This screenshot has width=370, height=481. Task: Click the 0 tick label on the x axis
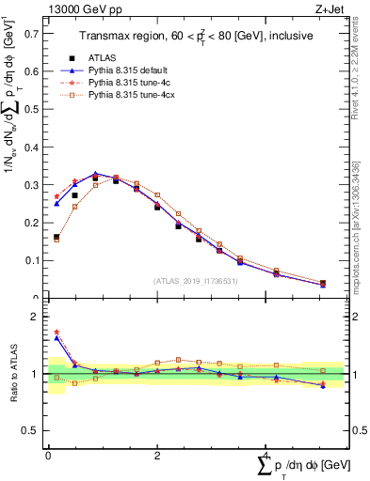pyautogui.click(x=48, y=455)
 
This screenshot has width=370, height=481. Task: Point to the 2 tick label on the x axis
pyautogui.click(x=156, y=455)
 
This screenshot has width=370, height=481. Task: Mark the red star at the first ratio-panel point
pyautogui.click(x=56, y=332)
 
